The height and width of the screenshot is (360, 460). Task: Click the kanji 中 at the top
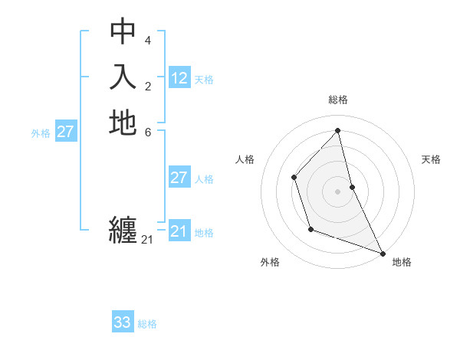coord(123,31)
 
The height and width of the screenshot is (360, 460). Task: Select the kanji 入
coord(123,77)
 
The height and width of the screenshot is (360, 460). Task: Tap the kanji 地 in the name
coord(123,123)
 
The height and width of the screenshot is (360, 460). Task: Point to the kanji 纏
coord(123,229)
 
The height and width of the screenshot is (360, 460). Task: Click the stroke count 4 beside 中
coord(148,40)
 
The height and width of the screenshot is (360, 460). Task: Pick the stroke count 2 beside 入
coord(148,85)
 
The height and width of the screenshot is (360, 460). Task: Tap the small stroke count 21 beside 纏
coord(147,240)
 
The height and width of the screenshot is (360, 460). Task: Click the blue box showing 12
coord(179,78)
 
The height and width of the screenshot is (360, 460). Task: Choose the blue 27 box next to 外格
coord(65,132)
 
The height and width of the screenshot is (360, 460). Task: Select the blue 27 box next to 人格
coord(179,178)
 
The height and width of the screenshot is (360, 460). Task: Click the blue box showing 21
coord(179,231)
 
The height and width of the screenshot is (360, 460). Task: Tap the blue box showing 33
coord(123,322)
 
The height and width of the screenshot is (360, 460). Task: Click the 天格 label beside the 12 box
coord(204,79)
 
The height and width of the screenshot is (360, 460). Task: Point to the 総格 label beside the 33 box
coord(147,324)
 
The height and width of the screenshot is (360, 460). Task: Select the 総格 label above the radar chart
coord(337,100)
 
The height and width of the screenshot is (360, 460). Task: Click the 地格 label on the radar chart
coord(402,262)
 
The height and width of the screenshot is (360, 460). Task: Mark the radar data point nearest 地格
coord(383,253)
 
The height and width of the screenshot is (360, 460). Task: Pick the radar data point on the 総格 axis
coord(337,130)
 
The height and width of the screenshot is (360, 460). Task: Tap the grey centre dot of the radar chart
coord(337,191)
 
